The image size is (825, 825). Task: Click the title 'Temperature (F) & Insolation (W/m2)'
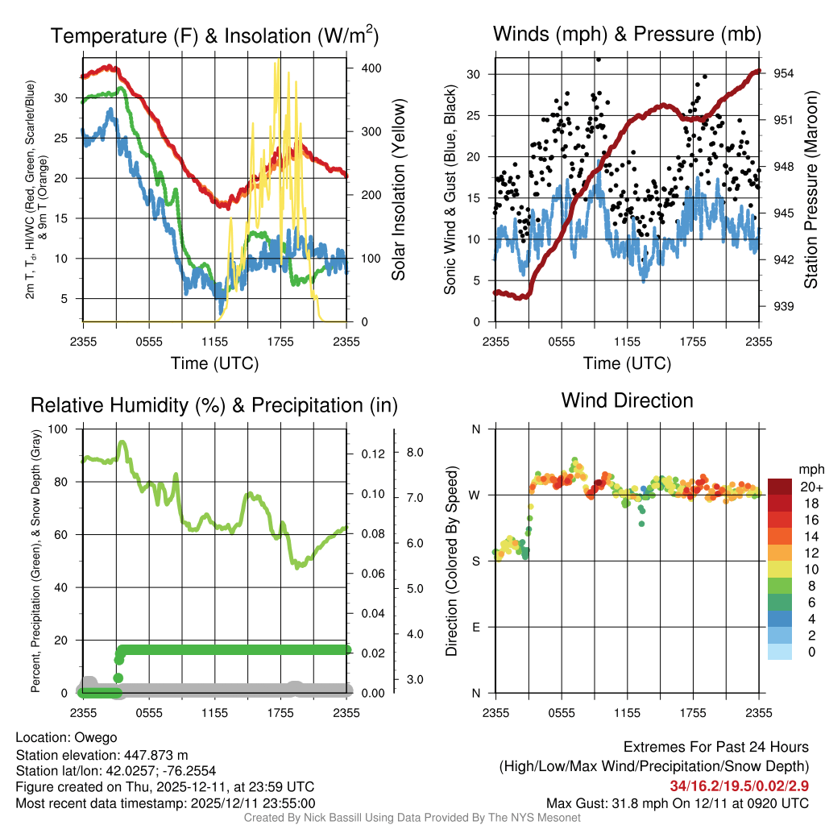(214, 36)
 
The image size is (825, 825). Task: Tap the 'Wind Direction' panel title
(627, 400)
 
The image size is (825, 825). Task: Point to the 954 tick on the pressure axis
(785, 73)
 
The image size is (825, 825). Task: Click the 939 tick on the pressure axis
(785, 306)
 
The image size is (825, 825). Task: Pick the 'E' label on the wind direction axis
(475, 627)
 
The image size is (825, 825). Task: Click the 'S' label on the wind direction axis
(475, 561)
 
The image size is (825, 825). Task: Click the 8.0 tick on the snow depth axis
(415, 453)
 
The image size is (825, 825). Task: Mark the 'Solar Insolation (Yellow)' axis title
(398, 189)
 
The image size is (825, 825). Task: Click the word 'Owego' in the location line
(96, 737)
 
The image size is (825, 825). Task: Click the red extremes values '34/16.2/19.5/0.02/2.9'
(739, 786)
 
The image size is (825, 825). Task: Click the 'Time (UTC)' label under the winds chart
(627, 363)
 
